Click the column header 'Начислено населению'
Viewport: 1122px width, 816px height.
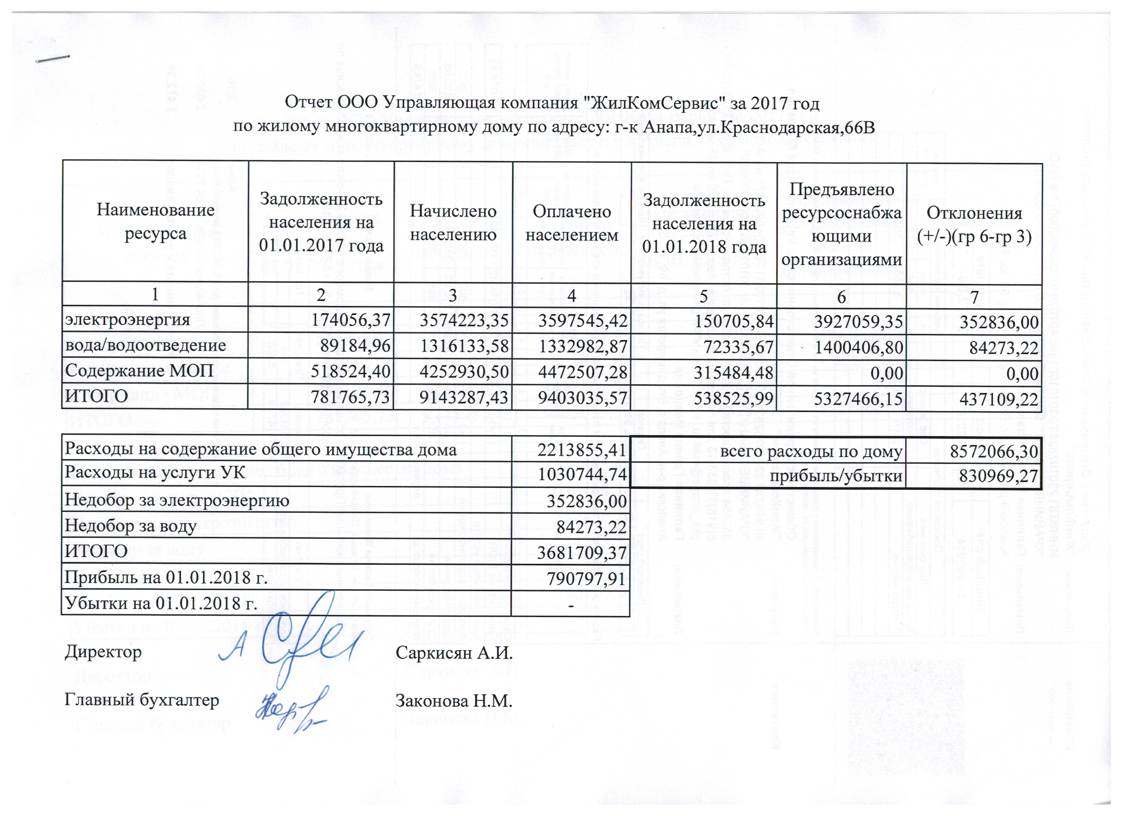coord(453,222)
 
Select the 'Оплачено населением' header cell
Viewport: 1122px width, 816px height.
coord(572,222)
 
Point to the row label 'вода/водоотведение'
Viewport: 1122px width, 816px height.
coord(145,346)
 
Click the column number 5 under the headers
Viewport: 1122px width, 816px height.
coord(704,295)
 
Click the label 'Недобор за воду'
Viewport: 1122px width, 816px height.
coord(131,526)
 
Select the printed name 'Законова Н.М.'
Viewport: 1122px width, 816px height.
coord(454,701)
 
